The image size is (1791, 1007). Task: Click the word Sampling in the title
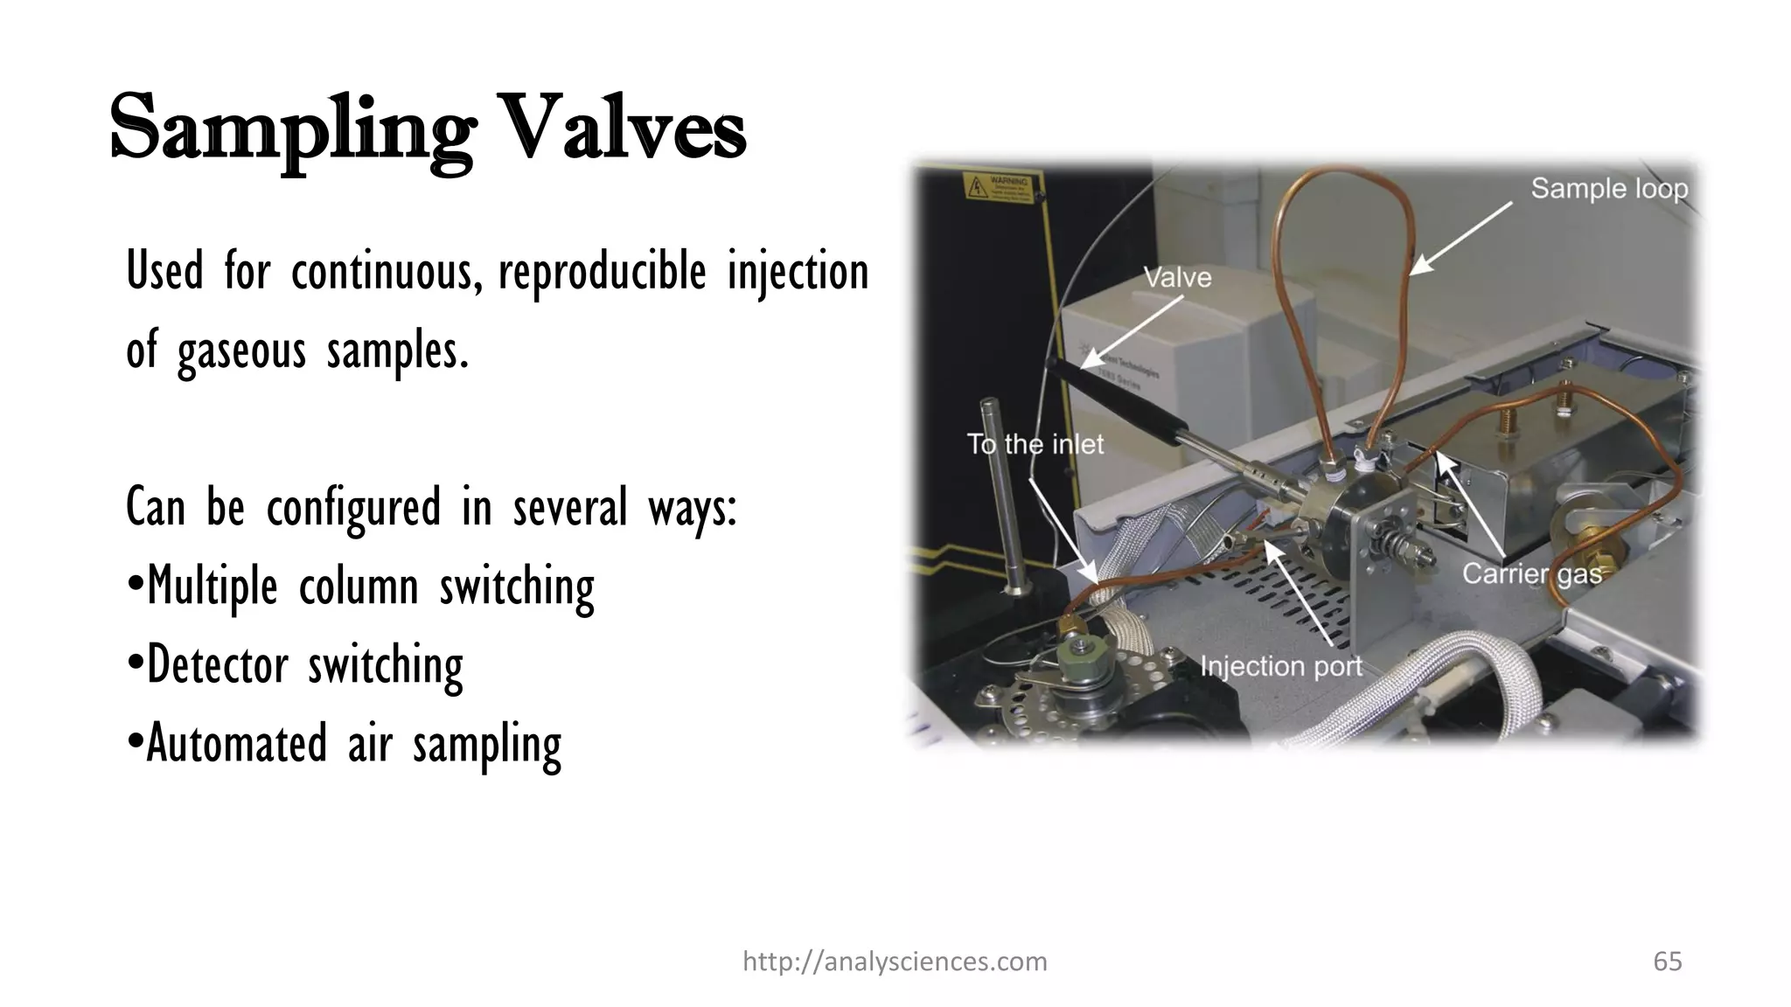click(292, 129)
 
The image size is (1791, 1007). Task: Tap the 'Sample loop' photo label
click(1608, 189)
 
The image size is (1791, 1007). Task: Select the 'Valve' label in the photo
click(1177, 278)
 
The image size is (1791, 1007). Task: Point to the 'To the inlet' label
click(1035, 444)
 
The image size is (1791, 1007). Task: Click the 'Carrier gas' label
click(1532, 573)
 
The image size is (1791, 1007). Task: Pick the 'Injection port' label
click(1280, 666)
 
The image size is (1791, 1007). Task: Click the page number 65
click(1667, 962)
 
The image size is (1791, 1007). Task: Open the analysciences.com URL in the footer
click(894, 962)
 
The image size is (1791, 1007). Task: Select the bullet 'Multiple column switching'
click(360, 586)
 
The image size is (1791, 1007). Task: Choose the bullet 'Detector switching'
click(296, 664)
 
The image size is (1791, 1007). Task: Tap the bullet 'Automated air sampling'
click(345, 743)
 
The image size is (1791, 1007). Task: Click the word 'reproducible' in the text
click(602, 271)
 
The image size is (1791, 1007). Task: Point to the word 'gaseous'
click(241, 350)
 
